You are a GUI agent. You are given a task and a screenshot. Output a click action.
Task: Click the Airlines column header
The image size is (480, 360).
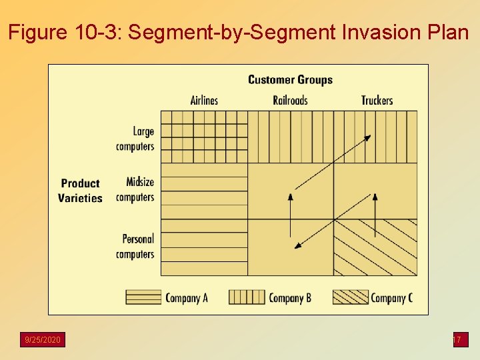click(204, 100)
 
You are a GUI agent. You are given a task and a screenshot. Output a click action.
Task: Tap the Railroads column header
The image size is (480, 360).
click(290, 100)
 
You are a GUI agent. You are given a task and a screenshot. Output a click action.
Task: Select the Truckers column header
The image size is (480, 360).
click(377, 100)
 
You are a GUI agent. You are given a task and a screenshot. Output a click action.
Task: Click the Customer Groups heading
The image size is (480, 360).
click(290, 80)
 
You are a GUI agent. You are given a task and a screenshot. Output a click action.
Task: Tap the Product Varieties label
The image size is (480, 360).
click(80, 191)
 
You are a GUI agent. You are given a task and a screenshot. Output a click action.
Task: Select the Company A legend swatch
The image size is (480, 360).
click(143, 297)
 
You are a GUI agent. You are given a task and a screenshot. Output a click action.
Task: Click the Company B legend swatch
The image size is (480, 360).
click(247, 297)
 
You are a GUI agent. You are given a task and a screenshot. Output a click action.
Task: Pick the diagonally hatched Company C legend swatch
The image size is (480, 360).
click(350, 297)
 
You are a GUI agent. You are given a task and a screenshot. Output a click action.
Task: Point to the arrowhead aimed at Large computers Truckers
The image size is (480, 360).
click(367, 137)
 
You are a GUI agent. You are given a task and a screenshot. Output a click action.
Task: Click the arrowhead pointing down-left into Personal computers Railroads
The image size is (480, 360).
click(298, 246)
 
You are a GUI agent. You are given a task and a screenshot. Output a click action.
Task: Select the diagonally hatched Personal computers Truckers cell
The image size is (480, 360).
click(375, 247)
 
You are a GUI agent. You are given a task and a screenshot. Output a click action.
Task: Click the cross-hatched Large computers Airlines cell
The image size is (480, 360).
click(204, 137)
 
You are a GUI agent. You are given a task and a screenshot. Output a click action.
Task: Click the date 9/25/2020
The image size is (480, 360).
click(43, 340)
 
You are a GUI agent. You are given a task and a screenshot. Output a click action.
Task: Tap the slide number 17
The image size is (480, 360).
click(457, 340)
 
